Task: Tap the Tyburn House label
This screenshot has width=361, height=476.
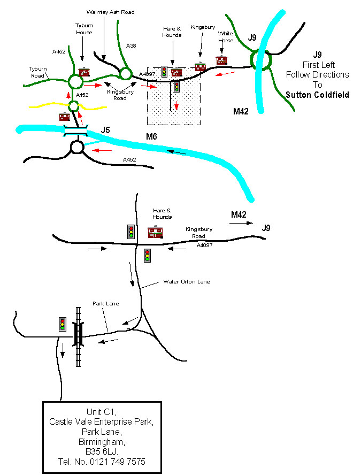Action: pyautogui.click(x=83, y=29)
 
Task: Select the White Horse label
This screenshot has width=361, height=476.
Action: pyautogui.click(x=225, y=36)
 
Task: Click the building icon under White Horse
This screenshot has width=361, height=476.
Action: pyautogui.click(x=222, y=60)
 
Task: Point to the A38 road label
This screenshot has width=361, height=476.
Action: pyautogui.click(x=131, y=45)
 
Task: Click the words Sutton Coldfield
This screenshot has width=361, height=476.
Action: pyautogui.click(x=317, y=95)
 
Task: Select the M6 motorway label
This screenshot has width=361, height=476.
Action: pyautogui.click(x=152, y=137)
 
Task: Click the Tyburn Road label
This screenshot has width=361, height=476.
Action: pyautogui.click(x=37, y=72)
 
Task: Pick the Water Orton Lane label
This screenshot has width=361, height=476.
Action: pyautogui.click(x=187, y=281)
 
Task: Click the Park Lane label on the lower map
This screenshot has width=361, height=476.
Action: pyautogui.click(x=105, y=303)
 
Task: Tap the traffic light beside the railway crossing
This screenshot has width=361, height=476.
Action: pyautogui.click(x=63, y=324)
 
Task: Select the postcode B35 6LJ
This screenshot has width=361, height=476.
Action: pyautogui.click(x=102, y=452)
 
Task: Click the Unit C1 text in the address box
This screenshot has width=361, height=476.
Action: pyautogui.click(x=102, y=412)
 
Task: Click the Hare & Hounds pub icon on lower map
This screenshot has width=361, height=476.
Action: pyautogui.click(x=155, y=232)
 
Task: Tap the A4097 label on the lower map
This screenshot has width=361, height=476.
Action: pyautogui.click(x=204, y=245)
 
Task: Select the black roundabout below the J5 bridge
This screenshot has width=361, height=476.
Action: pyautogui.click(x=76, y=147)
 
